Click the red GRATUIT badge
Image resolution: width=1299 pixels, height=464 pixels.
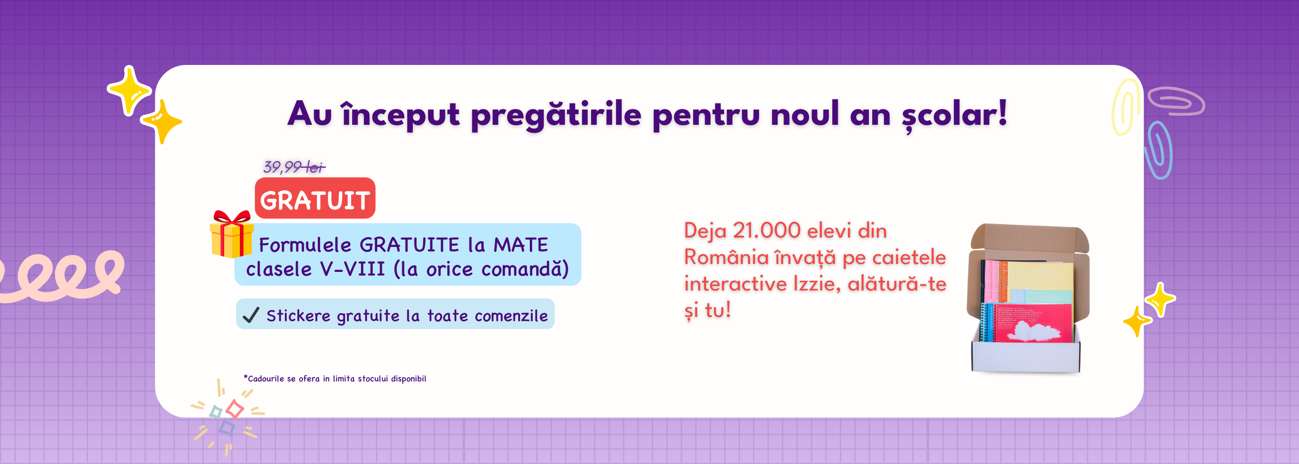pyautogui.click(x=315, y=198)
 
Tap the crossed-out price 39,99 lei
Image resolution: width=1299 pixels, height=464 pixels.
pyautogui.click(x=295, y=167)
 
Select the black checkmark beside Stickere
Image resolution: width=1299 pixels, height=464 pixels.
pyautogui.click(x=251, y=315)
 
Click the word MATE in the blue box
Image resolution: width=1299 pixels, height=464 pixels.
pyautogui.click(x=521, y=245)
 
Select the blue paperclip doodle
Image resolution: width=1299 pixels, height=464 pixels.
pyautogui.click(x=1158, y=150)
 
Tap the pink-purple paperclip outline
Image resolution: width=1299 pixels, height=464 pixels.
pyautogui.click(x=1177, y=101)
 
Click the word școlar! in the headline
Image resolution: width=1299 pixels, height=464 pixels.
pyautogui.click(x=954, y=115)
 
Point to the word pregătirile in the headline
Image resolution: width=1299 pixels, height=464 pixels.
pyautogui.click(x=556, y=116)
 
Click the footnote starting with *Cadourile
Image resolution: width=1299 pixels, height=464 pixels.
pyautogui.click(x=335, y=378)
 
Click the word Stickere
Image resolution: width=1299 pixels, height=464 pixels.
pyautogui.click(x=298, y=316)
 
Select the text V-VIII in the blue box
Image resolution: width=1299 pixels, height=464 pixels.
pyautogui.click(x=352, y=269)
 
